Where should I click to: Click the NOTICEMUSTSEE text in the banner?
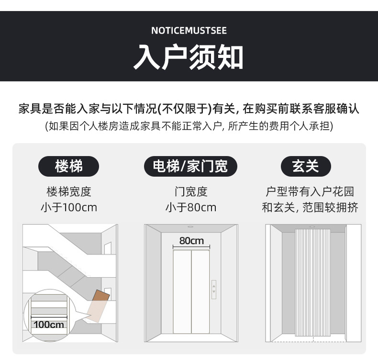tap(189, 31)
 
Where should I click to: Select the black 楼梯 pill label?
tap(69, 167)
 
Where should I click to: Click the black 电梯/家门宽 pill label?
tap(190, 167)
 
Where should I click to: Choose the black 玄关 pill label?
tap(305, 167)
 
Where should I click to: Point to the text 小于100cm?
tap(69, 207)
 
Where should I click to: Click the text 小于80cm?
tap(190, 207)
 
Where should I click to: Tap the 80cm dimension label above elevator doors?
tap(191, 240)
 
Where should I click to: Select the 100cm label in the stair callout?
tap(49, 324)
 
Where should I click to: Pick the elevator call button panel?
tap(214, 289)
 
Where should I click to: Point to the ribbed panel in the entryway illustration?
tap(313, 282)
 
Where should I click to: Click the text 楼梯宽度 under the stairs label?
tap(69, 192)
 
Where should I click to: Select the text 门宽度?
tap(190, 192)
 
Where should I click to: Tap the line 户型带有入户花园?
tap(310, 192)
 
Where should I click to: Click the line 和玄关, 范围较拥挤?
tap(310, 207)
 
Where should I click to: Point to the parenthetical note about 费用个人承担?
tap(189, 126)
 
